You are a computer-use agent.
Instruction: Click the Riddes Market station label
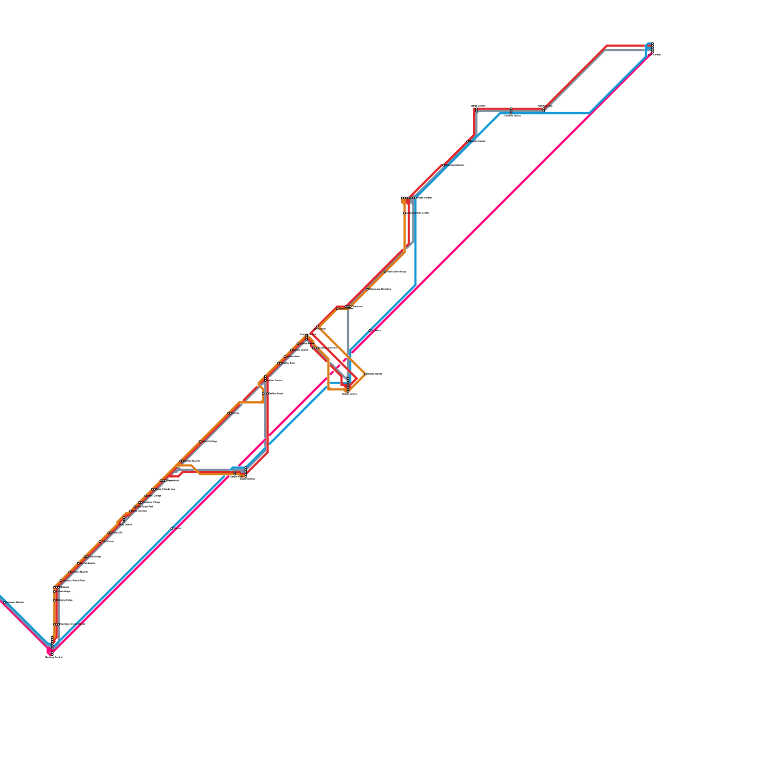(374, 374)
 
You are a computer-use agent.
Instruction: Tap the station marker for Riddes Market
(366, 374)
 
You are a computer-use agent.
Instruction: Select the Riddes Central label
(349, 394)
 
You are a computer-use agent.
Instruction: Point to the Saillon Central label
(274, 380)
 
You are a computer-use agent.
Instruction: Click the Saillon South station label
(275, 393)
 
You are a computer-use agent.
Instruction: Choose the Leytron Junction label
(328, 348)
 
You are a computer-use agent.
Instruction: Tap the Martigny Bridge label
(65, 600)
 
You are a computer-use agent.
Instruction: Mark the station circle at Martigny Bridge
(54, 600)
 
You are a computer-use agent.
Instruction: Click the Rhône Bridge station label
(63, 591)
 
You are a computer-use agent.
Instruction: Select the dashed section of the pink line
(338, 367)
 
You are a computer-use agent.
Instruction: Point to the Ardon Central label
(424, 198)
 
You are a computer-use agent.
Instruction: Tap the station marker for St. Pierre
(369, 331)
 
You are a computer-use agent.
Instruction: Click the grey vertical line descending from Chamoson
(348, 338)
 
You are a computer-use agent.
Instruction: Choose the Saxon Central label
(247, 479)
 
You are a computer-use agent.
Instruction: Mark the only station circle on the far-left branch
(4, 602)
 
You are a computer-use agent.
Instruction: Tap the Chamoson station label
(357, 306)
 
